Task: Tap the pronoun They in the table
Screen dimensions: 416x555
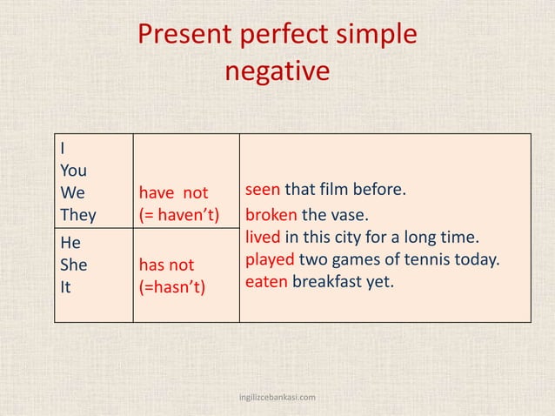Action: pyautogui.click(x=79, y=214)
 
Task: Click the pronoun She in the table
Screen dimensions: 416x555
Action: pyautogui.click(x=75, y=264)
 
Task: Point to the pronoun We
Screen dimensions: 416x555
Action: pyautogui.click(x=73, y=192)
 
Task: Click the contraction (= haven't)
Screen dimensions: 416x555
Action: pyautogui.click(x=179, y=214)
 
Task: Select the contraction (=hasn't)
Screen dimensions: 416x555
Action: pyautogui.click(x=172, y=285)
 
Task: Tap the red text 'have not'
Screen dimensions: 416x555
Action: pyautogui.click(x=173, y=192)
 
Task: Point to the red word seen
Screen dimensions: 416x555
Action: pyautogui.click(x=263, y=189)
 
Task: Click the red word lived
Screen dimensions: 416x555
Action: pyautogui.click(x=263, y=237)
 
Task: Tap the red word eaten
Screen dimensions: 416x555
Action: pyautogui.click(x=266, y=281)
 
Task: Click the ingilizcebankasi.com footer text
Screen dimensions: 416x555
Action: pyautogui.click(x=277, y=398)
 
